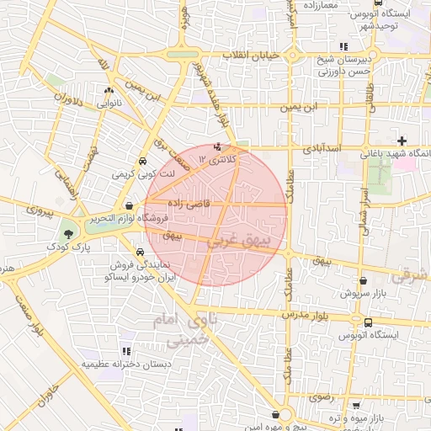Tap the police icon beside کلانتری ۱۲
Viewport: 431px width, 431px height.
[207, 146]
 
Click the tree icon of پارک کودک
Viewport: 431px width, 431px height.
[68, 232]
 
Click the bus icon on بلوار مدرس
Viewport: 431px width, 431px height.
[368, 322]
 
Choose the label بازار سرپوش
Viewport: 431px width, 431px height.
[360, 293]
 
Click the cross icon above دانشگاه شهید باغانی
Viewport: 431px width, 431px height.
[402, 141]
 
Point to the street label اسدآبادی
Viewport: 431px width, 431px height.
[321, 148]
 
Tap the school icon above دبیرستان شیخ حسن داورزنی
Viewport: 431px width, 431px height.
[343, 46]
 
